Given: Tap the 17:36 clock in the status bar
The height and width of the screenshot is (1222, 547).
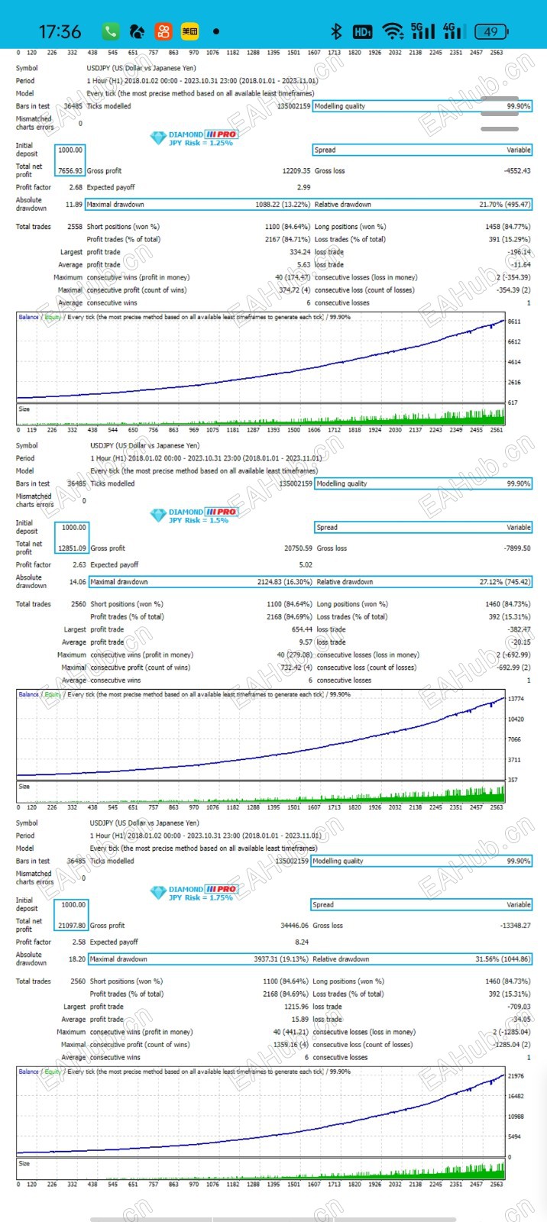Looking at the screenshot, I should [x=60, y=31].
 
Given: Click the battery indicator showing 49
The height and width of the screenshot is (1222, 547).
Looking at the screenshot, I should [x=490, y=31].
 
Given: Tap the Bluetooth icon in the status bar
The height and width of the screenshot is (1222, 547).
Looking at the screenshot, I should [x=335, y=31].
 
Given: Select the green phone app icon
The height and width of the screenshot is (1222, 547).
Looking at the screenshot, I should [x=111, y=31].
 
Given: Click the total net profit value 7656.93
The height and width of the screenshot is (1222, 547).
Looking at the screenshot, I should [x=70, y=171].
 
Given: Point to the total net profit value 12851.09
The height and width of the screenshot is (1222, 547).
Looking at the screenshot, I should [x=72, y=548].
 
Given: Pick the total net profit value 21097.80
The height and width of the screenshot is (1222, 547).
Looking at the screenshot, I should [x=72, y=926].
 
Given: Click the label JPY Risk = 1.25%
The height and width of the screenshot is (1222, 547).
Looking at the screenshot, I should [x=200, y=143].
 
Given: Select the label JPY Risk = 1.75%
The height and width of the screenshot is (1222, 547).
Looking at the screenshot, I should [x=200, y=897].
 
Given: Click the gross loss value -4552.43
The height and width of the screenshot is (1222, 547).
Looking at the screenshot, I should [x=516, y=171].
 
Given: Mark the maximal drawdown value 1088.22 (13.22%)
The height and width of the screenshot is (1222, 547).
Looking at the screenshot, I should [x=283, y=205].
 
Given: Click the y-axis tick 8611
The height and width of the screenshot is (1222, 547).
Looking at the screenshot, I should [x=514, y=322].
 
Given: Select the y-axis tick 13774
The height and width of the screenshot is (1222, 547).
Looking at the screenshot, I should [x=516, y=700].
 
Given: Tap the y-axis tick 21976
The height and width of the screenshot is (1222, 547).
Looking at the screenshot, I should [x=516, y=1076].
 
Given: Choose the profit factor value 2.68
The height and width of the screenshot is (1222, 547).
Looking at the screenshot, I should [x=76, y=187].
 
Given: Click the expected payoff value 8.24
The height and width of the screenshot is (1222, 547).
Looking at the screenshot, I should [x=302, y=942].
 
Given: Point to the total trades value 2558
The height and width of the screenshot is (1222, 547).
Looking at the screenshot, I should [x=75, y=227].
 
